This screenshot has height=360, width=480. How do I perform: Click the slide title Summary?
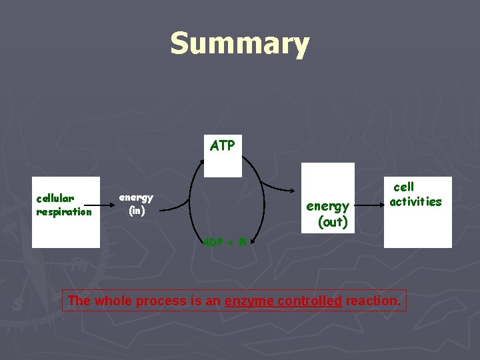point(239,44)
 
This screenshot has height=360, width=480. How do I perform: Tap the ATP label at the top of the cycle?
point(222,145)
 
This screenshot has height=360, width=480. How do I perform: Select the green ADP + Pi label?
point(225,241)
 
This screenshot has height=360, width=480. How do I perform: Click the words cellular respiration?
point(64,205)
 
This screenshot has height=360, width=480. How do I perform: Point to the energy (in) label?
point(136,204)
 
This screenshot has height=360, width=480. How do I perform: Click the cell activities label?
point(415,194)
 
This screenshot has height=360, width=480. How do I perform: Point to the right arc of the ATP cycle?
point(264,200)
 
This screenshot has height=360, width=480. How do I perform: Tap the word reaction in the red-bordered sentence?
point(373,301)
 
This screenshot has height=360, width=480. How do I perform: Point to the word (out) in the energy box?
point(333,222)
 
